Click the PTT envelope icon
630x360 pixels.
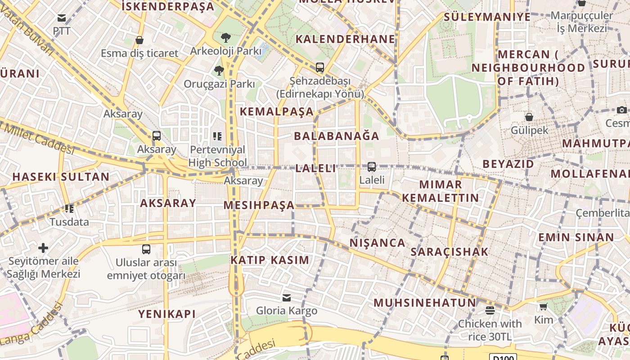click(x=62, y=18)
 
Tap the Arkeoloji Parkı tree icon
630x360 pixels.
click(x=226, y=38)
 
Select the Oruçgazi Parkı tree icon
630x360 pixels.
click(x=219, y=70)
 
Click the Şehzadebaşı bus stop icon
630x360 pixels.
click(x=320, y=67)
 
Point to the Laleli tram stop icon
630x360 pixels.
click(x=372, y=167)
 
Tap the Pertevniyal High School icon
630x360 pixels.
click(x=218, y=136)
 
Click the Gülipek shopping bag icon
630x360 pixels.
click(x=529, y=117)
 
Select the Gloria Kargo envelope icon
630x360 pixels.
click(x=287, y=297)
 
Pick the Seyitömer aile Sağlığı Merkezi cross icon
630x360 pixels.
click(x=43, y=248)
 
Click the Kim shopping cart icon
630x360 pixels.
click(x=544, y=307)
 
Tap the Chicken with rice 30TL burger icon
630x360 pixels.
click(x=490, y=310)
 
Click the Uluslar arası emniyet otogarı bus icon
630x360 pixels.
click(x=146, y=249)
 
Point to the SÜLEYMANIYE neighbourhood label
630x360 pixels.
click(x=487, y=17)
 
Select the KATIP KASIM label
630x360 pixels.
click(x=270, y=260)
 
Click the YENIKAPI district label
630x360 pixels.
click(x=167, y=314)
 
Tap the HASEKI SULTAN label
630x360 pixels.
click(x=61, y=177)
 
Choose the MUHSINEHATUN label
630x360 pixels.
click(x=425, y=302)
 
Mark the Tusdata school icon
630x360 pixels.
click(x=69, y=209)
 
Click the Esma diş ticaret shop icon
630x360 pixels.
click(x=139, y=40)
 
